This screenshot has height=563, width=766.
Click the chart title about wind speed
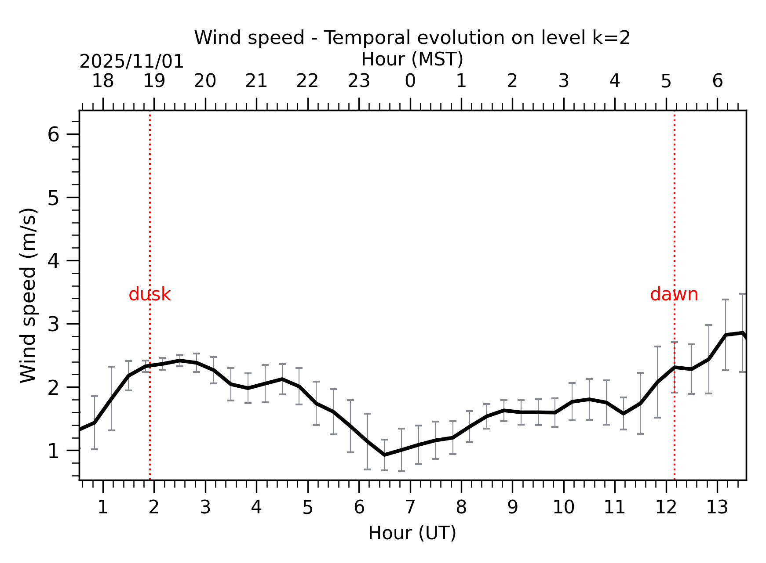tap(412, 38)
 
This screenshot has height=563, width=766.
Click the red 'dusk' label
tap(150, 294)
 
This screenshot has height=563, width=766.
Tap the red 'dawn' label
tap(674, 294)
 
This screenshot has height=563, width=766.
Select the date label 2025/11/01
tap(131, 61)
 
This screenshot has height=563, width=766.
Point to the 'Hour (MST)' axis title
tap(412, 59)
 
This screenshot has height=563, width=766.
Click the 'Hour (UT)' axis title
tap(412, 533)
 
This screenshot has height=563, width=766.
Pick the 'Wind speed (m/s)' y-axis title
tap(28, 295)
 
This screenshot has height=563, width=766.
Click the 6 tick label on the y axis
tap(53, 134)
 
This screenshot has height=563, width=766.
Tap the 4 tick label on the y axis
tap(53, 261)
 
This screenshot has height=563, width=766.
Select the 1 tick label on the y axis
tap(53, 451)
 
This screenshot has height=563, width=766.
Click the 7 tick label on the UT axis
tap(410, 508)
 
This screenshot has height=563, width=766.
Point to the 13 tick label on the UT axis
tap(717, 508)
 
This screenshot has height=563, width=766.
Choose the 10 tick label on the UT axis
tap(563, 508)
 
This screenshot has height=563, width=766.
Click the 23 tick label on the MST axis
tap(359, 81)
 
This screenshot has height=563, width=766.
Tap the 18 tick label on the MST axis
tap(103, 81)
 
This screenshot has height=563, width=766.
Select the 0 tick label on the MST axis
tap(410, 81)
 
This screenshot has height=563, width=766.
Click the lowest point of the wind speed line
tap(384, 455)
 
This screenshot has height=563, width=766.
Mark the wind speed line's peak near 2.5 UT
tap(180, 361)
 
